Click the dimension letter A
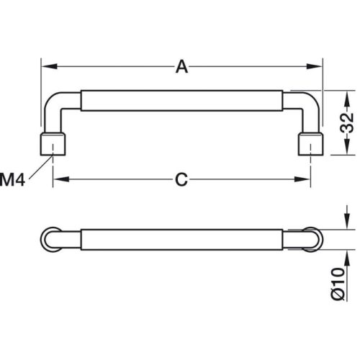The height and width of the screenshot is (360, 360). pos(181,67)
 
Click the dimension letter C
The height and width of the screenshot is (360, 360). pos(181,179)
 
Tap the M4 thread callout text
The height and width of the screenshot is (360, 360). pos(12,180)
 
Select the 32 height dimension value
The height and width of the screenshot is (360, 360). pos(348,122)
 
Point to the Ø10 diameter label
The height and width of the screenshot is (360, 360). pos(338,284)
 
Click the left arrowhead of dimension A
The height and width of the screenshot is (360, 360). pos(49,66)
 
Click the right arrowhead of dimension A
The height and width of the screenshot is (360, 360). pos(314,66)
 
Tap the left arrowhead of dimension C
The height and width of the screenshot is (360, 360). pos(61,179)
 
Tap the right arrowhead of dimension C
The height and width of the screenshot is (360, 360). pos(302,179)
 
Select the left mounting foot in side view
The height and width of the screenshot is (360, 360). pos(53,144)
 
